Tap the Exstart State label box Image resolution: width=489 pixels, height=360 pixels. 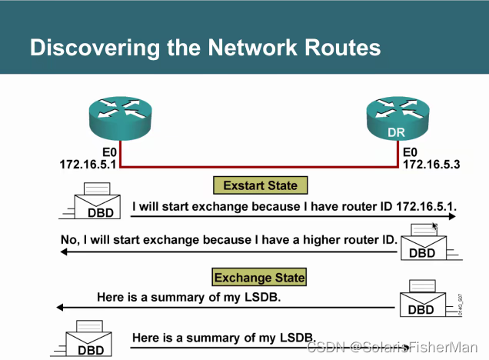click(254, 185)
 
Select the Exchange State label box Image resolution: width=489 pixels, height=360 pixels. click(259, 278)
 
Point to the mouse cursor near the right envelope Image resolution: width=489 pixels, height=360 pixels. click(434, 226)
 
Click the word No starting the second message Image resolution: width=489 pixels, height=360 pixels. click(69, 240)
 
